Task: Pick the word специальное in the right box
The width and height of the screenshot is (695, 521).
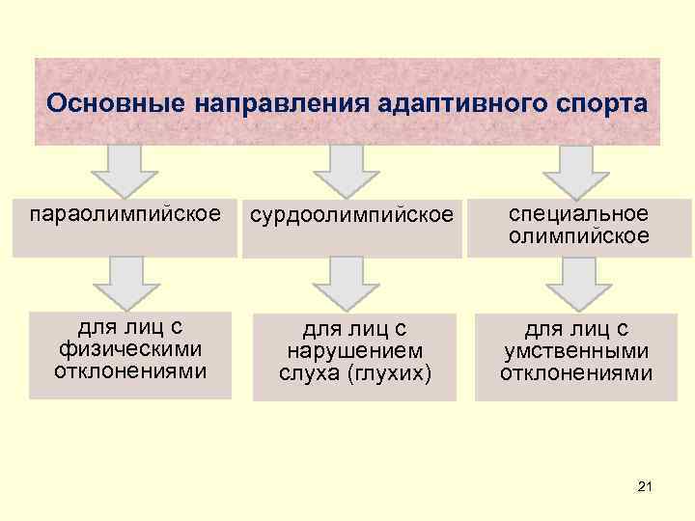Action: point(579,213)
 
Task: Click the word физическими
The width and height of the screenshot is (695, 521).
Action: point(130,351)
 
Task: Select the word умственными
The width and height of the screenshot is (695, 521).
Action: point(576,352)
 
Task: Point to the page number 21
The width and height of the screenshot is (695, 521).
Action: point(645,489)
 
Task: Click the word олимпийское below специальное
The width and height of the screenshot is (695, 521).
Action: point(579,236)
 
